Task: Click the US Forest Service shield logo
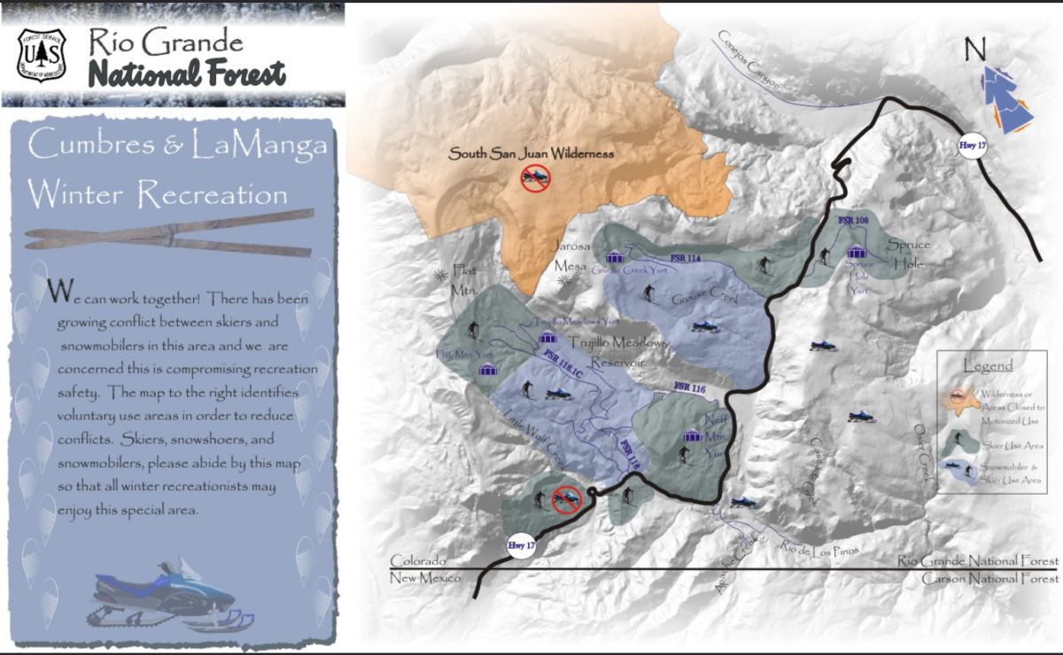[43, 54]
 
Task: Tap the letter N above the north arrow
[975, 50]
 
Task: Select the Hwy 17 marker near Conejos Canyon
[973, 146]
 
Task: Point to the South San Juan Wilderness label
[531, 153]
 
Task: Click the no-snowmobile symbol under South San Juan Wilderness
[536, 179]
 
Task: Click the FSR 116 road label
[689, 387]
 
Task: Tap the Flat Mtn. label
[464, 279]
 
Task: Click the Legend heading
[987, 365]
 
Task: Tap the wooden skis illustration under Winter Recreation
[168, 232]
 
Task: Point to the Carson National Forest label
[989, 579]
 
